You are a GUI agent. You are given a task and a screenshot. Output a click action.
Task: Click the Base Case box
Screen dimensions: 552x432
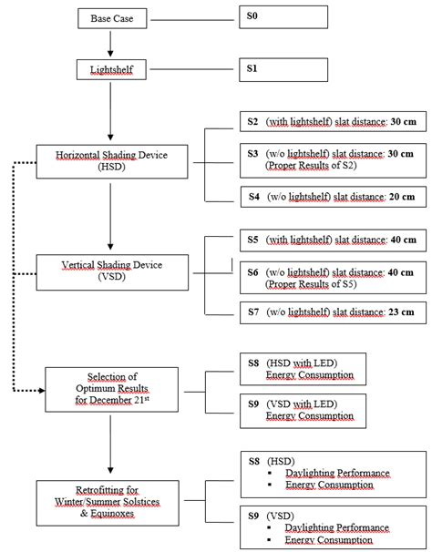coord(109,17)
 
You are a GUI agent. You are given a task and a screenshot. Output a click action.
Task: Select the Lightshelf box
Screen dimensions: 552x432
coord(109,67)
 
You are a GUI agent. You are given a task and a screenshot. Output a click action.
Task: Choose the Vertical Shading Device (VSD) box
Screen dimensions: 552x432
coord(109,270)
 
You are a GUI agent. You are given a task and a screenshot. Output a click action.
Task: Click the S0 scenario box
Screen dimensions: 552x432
coord(283,17)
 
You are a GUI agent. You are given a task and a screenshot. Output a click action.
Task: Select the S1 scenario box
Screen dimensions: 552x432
coord(283,67)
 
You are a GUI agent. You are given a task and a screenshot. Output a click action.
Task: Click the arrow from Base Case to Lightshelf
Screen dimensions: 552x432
coord(109,42)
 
